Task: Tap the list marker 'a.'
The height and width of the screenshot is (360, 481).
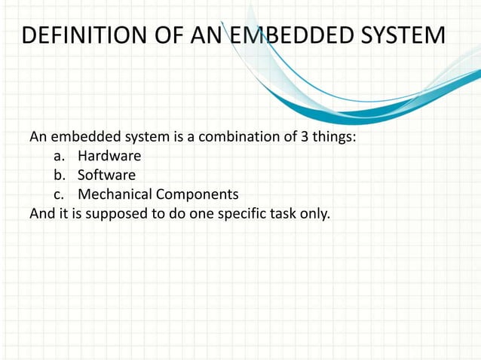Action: [x=60, y=157]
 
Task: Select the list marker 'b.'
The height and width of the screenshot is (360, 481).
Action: [x=60, y=175]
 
